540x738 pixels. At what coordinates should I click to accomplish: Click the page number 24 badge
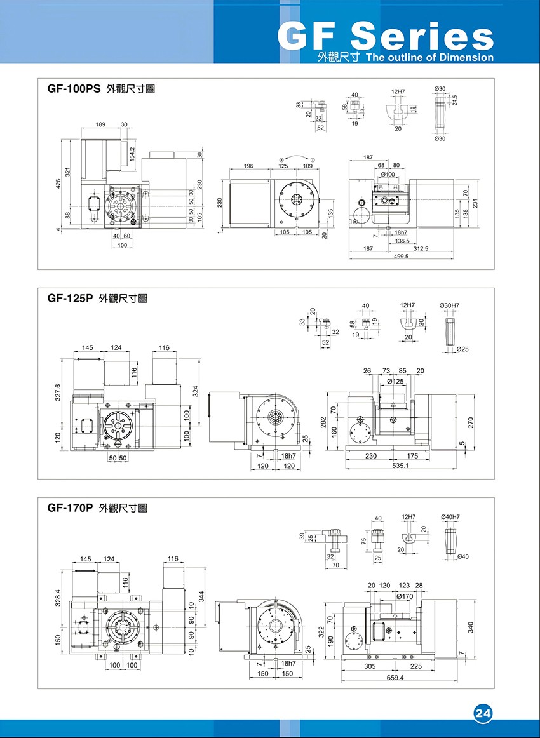pyautogui.click(x=483, y=713)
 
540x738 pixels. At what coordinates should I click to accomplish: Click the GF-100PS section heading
pyautogui.click(x=74, y=90)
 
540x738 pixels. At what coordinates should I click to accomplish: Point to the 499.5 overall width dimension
pyautogui.click(x=400, y=257)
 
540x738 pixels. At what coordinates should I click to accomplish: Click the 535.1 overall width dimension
pyautogui.click(x=400, y=466)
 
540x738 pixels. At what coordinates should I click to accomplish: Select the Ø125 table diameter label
pyautogui.click(x=395, y=381)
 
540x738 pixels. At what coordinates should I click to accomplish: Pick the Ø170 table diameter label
pyautogui.click(x=404, y=596)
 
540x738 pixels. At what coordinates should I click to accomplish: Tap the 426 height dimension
pyautogui.click(x=57, y=184)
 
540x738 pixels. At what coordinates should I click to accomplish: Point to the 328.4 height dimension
pyautogui.click(x=58, y=598)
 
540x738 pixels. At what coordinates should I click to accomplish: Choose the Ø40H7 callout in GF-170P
pyautogui.click(x=450, y=517)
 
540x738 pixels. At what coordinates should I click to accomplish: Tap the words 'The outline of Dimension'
pyautogui.click(x=429, y=57)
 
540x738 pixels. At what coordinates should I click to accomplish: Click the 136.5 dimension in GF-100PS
pyautogui.click(x=402, y=241)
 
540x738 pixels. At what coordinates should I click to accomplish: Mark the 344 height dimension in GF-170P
pyautogui.click(x=201, y=597)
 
